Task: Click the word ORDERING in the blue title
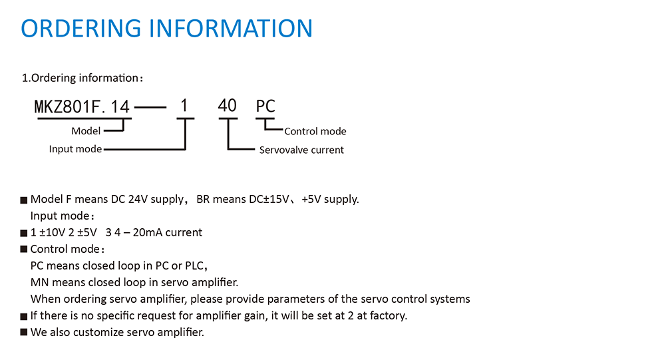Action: [x=81, y=28]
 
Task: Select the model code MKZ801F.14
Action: [x=84, y=106]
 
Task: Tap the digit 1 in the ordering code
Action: [x=185, y=106]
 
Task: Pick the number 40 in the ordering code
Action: [x=228, y=106]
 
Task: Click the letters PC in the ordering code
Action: [x=266, y=106]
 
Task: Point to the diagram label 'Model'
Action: [x=86, y=131]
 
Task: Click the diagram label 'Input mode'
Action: [x=75, y=149]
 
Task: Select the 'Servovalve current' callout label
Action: [x=301, y=150]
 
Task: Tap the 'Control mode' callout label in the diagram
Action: [x=315, y=131]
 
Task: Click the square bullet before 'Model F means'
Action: [x=24, y=200]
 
